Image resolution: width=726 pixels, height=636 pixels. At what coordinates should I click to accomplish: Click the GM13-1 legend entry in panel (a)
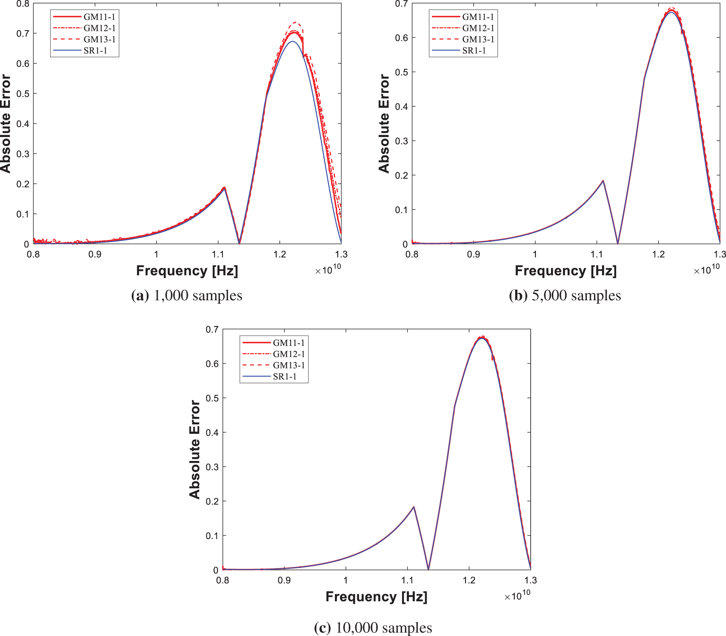[99, 39]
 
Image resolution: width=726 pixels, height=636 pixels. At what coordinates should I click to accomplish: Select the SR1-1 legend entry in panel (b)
[474, 51]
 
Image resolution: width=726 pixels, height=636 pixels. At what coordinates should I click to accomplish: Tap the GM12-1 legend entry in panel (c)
[289, 354]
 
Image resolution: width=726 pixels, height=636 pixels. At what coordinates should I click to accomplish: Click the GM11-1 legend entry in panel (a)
[99, 17]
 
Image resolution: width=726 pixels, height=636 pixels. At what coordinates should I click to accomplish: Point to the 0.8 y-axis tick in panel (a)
[23, 4]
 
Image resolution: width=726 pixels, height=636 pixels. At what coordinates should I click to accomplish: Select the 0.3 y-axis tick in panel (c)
[212, 467]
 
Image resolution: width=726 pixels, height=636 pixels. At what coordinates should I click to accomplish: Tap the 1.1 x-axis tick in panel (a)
[218, 254]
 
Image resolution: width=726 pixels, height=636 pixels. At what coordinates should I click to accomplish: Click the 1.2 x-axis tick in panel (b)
[658, 254]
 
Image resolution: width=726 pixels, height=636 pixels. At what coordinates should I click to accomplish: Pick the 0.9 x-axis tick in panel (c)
[284, 580]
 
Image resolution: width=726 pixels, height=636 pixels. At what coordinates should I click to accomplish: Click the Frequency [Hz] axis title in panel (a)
[187, 271]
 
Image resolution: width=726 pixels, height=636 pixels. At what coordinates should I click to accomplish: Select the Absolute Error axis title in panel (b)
[384, 124]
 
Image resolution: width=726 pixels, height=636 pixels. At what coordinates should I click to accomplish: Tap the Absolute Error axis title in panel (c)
[195, 450]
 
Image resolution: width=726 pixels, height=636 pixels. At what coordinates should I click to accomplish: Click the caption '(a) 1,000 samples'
[187, 295]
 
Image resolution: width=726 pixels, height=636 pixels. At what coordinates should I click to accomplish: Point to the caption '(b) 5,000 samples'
[565, 295]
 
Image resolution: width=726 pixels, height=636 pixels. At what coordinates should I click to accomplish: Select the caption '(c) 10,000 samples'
[373, 628]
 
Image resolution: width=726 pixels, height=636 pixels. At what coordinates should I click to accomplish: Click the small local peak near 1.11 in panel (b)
[603, 181]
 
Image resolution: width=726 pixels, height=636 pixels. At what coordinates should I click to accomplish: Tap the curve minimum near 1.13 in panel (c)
[428, 569]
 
